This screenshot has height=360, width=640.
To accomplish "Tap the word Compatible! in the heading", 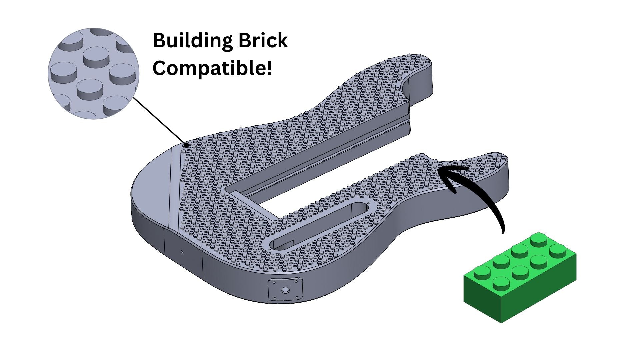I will coord(212,68).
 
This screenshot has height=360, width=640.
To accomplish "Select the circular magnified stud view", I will coord(93,73).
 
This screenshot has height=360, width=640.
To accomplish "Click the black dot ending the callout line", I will coord(187,145).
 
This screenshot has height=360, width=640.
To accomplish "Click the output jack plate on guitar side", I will coord(285,290).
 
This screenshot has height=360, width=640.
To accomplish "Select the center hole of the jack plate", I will coord(285,290).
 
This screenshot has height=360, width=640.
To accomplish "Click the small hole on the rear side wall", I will coord(182,252).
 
